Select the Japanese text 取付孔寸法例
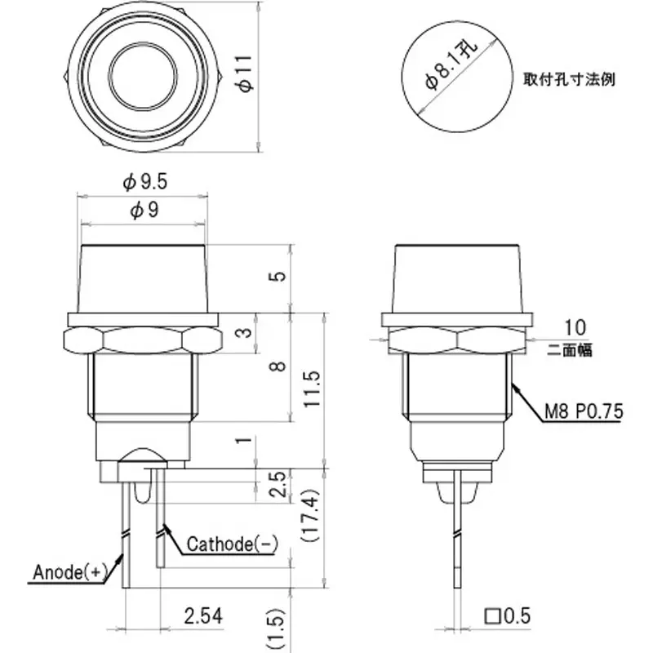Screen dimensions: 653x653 [569, 80]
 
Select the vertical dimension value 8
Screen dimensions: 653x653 [279, 366]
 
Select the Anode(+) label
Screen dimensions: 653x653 [70, 572]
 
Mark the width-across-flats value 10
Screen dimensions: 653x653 [574, 327]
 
